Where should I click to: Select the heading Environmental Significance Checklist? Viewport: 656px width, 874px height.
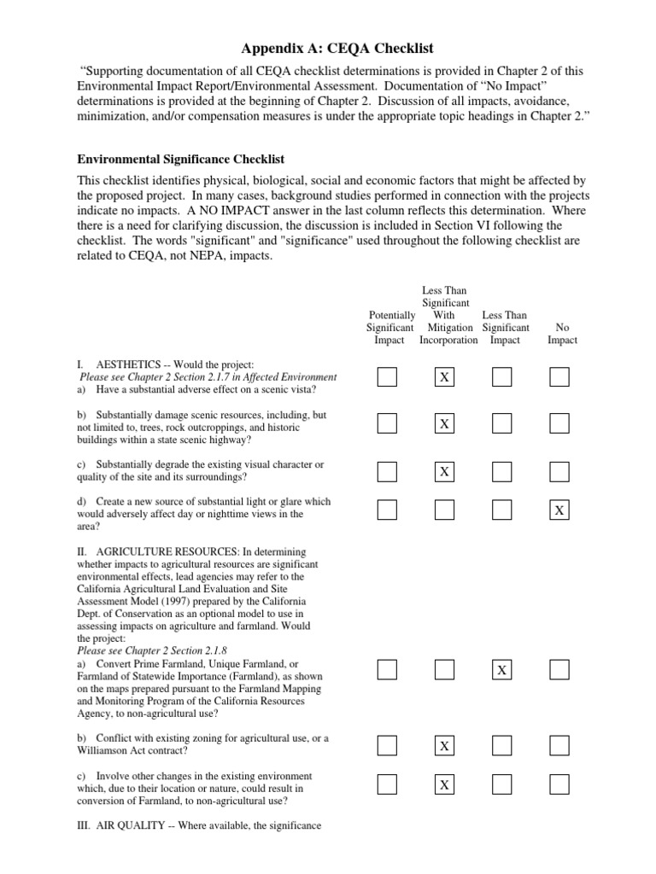tap(181, 159)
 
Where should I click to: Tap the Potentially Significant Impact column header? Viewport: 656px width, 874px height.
tap(389, 327)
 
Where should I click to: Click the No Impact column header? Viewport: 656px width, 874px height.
tap(561, 333)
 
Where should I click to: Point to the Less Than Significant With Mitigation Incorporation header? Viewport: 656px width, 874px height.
tap(448, 315)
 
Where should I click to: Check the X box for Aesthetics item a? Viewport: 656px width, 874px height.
tap(444, 377)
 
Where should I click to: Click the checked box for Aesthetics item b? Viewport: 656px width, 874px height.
tap(444, 424)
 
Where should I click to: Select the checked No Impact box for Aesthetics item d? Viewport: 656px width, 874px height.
tap(559, 510)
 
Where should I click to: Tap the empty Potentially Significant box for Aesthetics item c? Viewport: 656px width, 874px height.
tap(387, 471)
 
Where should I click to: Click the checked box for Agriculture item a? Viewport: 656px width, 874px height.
tap(502, 671)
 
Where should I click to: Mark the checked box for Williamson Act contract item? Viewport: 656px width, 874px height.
tap(444, 746)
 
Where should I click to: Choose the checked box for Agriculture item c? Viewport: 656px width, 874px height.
tap(444, 784)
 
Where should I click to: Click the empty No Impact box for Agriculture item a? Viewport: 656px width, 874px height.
tap(559, 671)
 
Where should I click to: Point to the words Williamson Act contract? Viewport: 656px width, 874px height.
tap(132, 751)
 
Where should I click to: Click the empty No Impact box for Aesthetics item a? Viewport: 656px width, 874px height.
tap(559, 377)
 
